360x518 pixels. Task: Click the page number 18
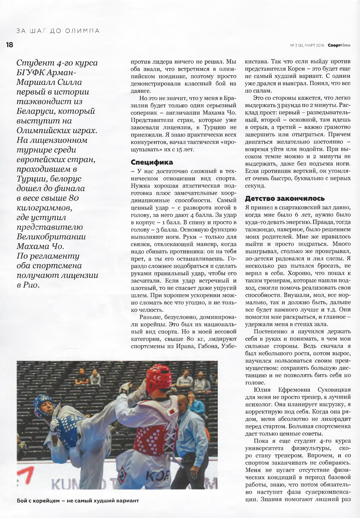click(9, 45)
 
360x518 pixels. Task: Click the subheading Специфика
click(152, 162)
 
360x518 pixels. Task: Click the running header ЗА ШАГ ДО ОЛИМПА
click(58, 31)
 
